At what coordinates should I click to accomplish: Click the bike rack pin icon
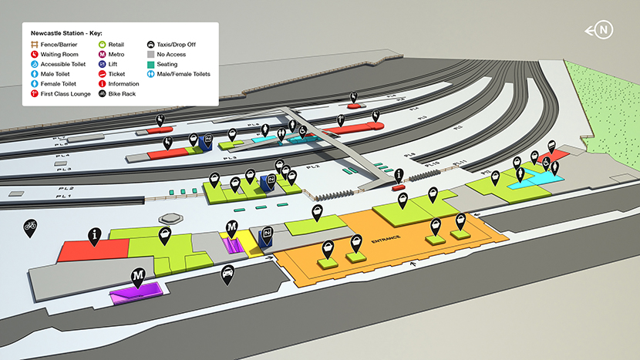(30, 227)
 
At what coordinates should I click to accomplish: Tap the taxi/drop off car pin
(227, 274)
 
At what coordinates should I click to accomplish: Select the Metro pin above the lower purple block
(138, 276)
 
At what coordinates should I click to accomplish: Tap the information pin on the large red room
(94, 234)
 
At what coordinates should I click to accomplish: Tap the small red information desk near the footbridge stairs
(398, 187)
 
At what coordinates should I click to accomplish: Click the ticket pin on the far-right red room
(552, 147)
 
